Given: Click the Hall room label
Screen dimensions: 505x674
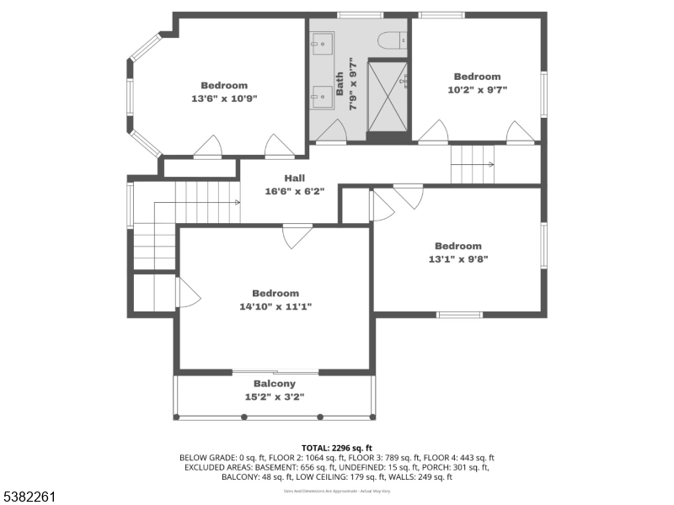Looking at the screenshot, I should [x=294, y=178].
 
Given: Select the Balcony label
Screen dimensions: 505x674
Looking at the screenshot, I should [x=275, y=384].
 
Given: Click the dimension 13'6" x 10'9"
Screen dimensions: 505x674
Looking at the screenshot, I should [x=224, y=98].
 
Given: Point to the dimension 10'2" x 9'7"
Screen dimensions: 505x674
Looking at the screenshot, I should [x=477, y=89].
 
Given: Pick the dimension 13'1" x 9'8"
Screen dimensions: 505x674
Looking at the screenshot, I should [x=458, y=259].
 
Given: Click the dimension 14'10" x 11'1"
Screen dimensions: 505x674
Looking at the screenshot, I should [x=275, y=306].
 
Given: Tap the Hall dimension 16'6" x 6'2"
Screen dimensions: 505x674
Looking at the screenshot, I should [x=294, y=191].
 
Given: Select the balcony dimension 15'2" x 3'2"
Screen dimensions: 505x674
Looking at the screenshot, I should [x=275, y=396].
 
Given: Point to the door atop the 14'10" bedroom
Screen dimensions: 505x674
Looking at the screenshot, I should [x=297, y=236].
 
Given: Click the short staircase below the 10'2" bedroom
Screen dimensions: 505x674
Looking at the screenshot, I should [x=472, y=163].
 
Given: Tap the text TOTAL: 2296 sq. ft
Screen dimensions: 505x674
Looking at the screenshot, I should [x=337, y=447].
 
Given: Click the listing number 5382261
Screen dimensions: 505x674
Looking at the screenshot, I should [x=29, y=497].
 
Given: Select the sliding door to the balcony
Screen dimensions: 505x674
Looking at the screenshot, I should [x=275, y=371].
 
